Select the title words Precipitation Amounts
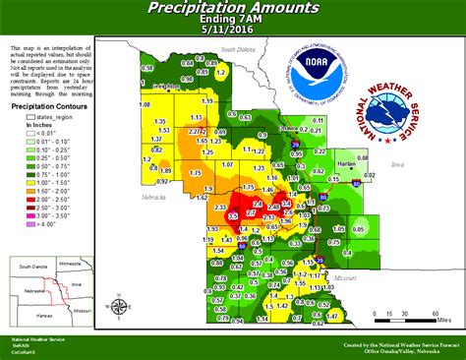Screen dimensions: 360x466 coord(233,8)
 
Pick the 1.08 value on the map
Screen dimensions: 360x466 coord(145,103)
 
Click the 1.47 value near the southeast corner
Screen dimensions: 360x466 coord(331,316)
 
